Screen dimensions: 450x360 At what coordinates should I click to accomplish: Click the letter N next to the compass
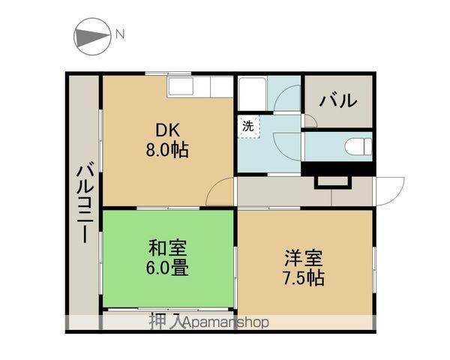point(120,34)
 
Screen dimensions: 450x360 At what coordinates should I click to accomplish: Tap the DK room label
point(167,130)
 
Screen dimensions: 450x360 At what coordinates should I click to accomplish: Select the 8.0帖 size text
point(167,150)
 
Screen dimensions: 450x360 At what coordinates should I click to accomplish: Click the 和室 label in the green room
point(167,248)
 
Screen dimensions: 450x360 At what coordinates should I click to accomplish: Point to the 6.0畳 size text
point(167,268)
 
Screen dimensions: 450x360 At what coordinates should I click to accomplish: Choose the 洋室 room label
point(304,258)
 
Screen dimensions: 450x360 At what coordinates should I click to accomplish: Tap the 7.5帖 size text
point(304,278)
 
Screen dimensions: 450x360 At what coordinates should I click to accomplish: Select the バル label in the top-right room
point(339,100)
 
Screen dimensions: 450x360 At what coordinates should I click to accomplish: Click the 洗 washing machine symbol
point(248,126)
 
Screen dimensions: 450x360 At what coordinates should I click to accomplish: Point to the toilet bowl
point(358,146)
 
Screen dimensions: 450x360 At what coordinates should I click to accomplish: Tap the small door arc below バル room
point(313,117)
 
